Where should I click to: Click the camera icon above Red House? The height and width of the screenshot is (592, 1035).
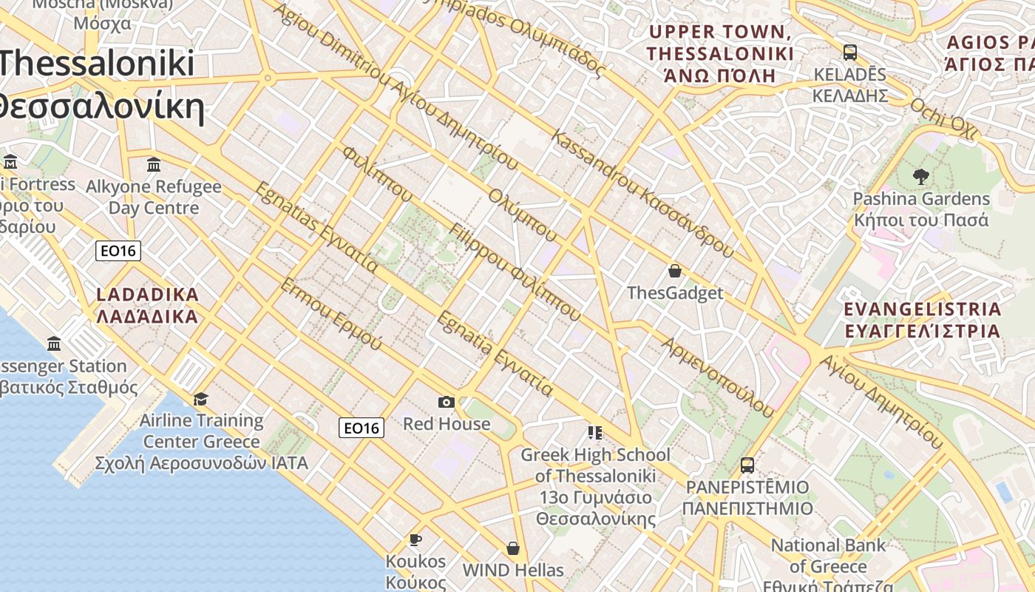point(447,402)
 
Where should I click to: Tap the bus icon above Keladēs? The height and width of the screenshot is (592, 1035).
point(850,53)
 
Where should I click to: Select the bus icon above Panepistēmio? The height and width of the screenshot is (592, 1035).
point(747,465)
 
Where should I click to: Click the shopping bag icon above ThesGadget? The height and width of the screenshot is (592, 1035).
point(674,271)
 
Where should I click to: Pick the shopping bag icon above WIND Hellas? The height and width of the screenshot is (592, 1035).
point(513,548)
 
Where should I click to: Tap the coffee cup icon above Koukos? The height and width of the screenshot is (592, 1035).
point(415,539)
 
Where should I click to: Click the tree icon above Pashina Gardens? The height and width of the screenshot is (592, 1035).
point(920,177)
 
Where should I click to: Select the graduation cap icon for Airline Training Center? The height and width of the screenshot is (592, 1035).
point(201,400)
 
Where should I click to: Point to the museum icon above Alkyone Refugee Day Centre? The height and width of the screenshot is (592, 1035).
point(154,164)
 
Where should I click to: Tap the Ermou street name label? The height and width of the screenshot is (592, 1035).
point(331,314)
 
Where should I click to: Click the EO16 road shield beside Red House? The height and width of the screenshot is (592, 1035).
point(362,428)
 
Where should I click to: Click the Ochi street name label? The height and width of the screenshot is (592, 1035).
point(943,118)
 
